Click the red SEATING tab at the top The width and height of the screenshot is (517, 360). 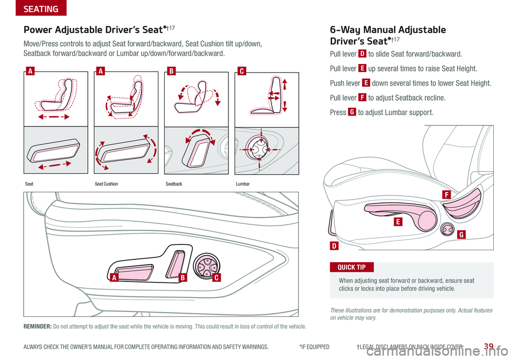click(x=41, y=8)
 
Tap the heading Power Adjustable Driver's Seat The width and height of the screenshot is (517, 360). click(x=94, y=30)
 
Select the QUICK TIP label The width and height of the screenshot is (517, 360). click(x=352, y=267)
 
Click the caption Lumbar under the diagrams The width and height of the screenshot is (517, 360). click(x=243, y=184)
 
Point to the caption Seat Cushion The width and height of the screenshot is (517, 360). click(x=106, y=184)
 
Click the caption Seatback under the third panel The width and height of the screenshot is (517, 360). click(x=174, y=184)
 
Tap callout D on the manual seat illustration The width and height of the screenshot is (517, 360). click(x=334, y=246)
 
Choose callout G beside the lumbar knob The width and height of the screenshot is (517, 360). click(x=462, y=235)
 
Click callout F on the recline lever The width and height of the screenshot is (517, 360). click(x=446, y=195)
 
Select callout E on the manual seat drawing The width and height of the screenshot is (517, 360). click(x=398, y=222)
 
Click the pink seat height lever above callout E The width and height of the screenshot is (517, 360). click(x=403, y=216)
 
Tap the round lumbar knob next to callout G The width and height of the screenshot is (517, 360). click(x=447, y=229)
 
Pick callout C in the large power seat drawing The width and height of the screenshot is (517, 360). click(x=216, y=278)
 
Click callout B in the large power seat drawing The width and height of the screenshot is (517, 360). click(x=183, y=278)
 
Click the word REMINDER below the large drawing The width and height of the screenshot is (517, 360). click(x=37, y=327)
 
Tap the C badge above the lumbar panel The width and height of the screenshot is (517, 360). click(x=242, y=71)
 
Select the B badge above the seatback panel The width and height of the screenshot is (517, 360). click(x=171, y=71)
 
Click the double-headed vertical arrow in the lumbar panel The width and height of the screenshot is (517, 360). click(x=284, y=95)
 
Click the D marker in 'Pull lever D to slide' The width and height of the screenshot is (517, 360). click(x=362, y=54)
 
